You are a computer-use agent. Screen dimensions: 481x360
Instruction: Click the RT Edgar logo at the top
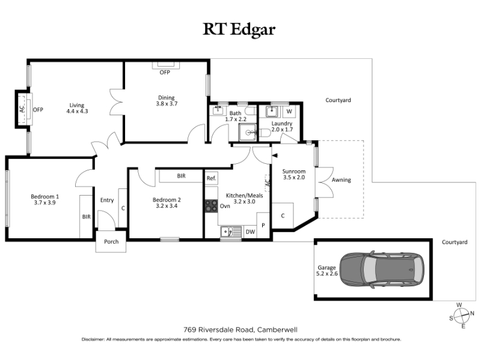239,29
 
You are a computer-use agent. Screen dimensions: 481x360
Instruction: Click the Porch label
111,242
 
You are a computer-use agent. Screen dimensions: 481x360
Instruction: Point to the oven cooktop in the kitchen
211,206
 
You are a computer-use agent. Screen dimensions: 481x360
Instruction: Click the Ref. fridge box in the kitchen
212,178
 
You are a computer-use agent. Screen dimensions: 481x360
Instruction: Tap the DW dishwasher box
250,232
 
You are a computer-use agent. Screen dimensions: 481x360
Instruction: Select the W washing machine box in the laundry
289,112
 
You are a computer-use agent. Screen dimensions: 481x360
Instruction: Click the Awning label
341,180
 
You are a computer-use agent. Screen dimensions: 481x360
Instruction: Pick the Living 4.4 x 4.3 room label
77,108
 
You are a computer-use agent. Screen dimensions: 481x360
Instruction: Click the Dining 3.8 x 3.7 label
167,101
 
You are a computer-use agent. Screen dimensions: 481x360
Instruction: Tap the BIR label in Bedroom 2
182,176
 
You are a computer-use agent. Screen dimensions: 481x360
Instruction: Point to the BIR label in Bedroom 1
86,217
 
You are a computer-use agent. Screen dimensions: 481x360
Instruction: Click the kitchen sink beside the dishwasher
231,232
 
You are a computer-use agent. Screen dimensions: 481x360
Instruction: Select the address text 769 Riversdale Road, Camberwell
240,329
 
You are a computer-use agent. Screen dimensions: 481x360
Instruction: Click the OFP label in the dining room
165,73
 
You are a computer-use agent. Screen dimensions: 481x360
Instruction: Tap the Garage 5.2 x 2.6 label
327,271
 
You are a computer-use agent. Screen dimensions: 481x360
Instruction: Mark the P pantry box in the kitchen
263,226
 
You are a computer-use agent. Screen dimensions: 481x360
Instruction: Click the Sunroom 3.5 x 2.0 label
294,175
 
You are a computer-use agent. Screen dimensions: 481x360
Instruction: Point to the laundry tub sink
272,112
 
